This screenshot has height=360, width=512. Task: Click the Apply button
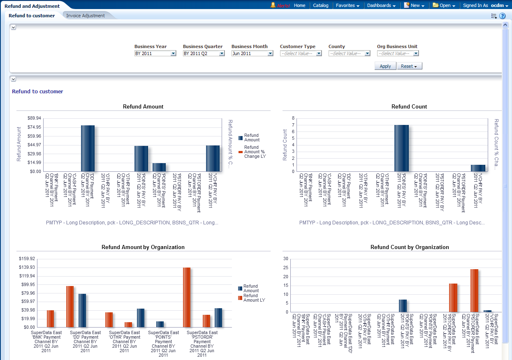385,66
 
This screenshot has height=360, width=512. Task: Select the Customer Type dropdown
301,53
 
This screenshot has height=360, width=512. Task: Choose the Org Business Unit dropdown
398,53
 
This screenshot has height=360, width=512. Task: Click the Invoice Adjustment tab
86,16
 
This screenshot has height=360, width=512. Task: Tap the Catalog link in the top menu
320,5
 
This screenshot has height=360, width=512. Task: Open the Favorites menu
348,5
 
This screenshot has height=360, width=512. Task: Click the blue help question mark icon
502,16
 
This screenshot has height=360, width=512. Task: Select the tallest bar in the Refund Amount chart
88,148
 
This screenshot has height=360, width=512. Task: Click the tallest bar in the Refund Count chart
401,148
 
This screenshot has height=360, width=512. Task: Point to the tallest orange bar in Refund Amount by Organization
187,297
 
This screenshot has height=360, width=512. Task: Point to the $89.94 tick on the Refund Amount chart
34,118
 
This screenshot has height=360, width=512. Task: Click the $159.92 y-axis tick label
27,259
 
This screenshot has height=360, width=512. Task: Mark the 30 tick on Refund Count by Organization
286,259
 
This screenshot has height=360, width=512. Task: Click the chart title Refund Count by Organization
409,247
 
